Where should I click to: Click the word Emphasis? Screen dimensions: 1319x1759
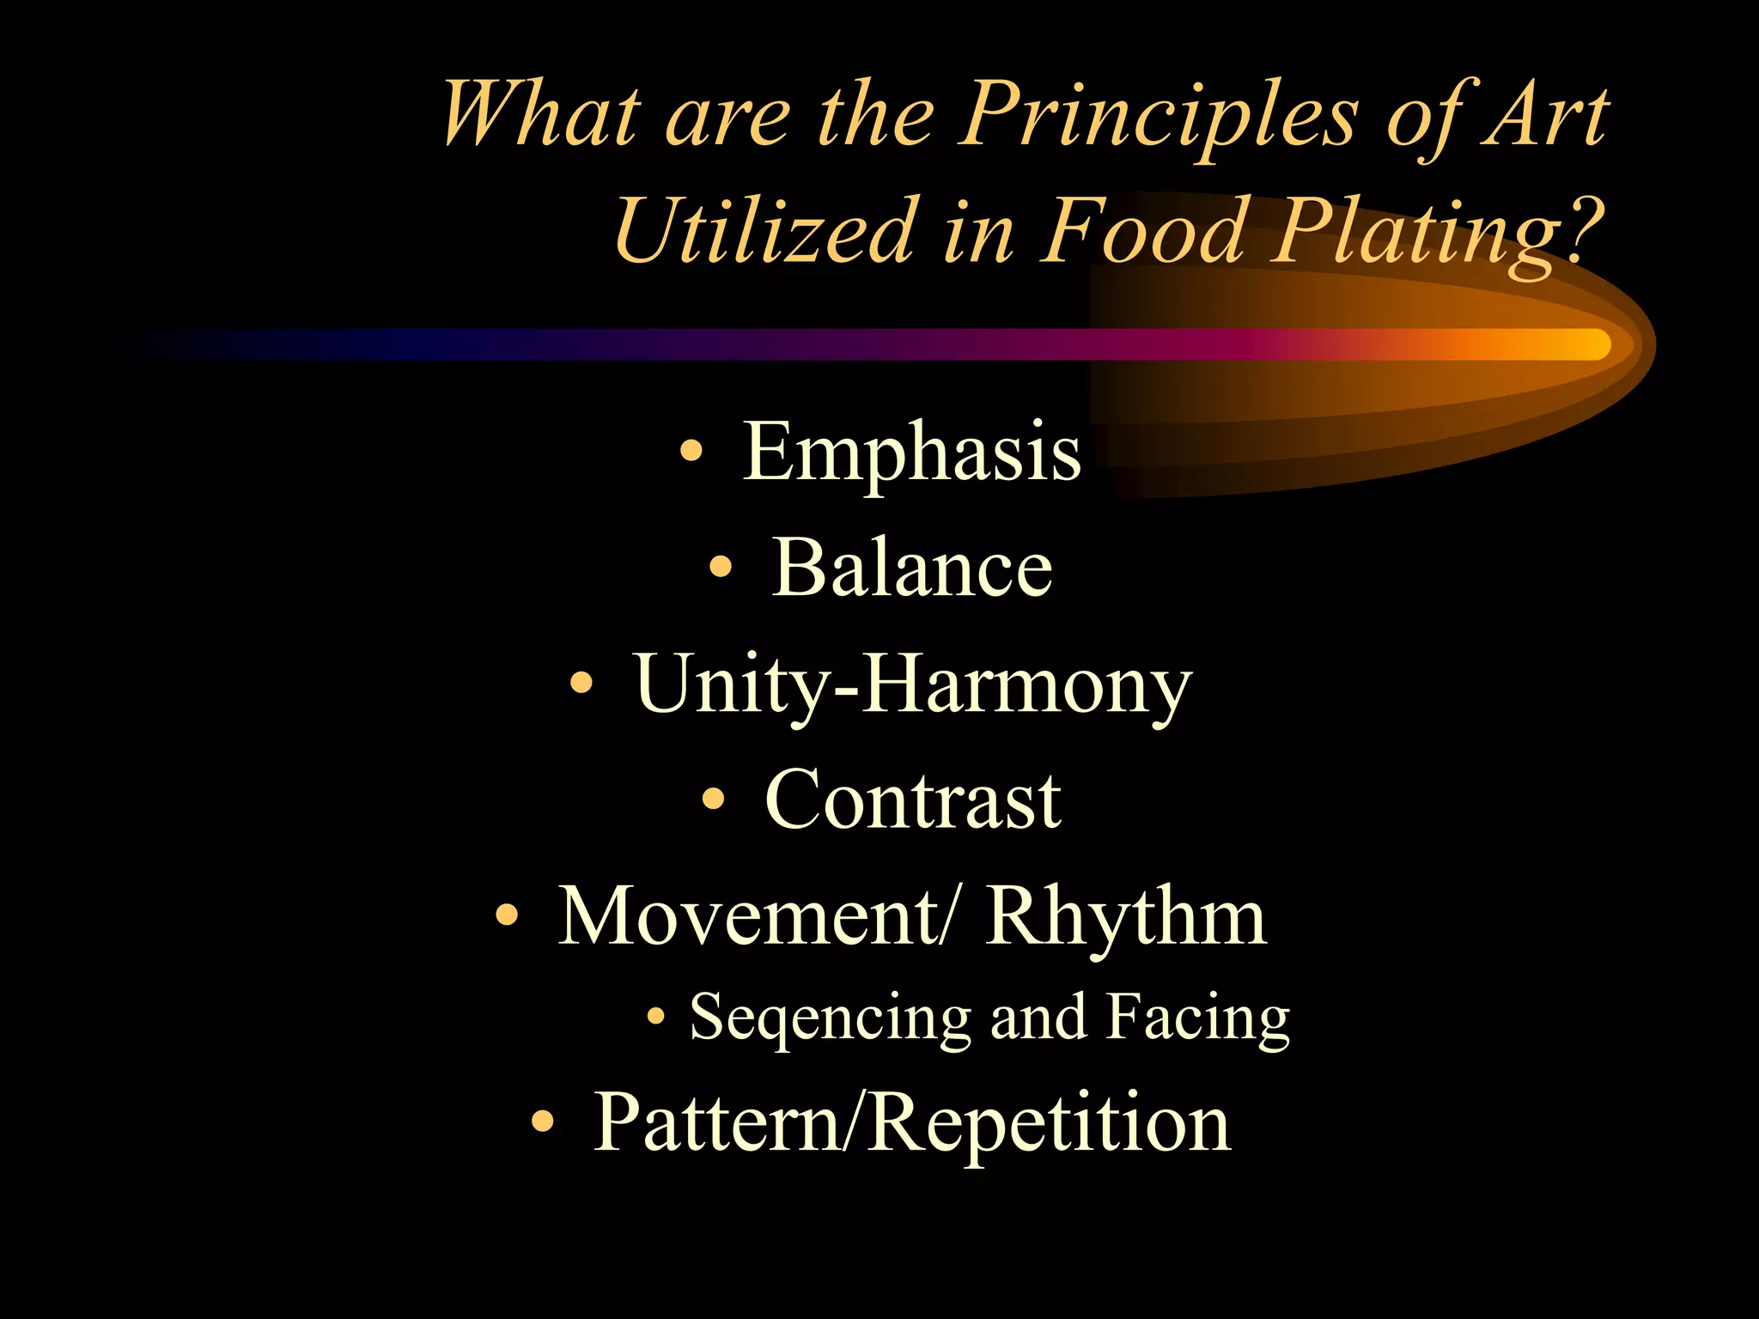pos(911,453)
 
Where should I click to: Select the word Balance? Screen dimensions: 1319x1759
pos(912,568)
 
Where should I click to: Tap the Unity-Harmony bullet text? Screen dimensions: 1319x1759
pos(913,685)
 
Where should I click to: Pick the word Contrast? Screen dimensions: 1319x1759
pos(912,800)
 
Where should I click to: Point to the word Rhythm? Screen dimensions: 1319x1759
pos(1125,916)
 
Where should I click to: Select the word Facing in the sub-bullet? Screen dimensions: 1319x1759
pos(1197,1018)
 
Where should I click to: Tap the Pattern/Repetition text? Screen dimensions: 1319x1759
pos(912,1123)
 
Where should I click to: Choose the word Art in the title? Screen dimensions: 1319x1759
pos(1546,116)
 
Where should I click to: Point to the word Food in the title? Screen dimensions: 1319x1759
pos(1142,230)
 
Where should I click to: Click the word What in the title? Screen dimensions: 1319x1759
pos(541,116)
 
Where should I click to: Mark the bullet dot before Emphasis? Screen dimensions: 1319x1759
pos(691,450)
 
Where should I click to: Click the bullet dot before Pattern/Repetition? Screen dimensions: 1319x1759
pos(542,1121)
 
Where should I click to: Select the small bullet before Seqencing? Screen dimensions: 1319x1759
pos(656,1017)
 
